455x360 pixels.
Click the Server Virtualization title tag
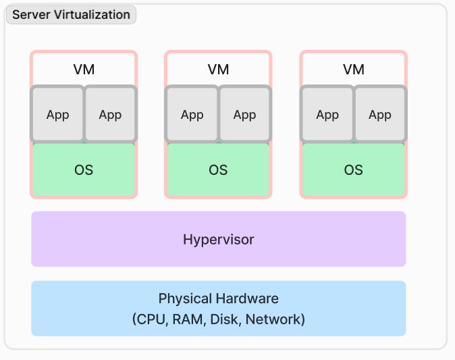click(x=71, y=14)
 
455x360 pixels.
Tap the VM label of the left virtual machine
click(x=84, y=70)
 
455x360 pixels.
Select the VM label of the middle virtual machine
click(x=218, y=70)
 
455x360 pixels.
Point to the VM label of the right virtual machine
click(x=354, y=70)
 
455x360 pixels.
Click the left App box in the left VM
click(x=57, y=114)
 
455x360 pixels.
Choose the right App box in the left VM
click(x=110, y=114)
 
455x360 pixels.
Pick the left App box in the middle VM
click(x=192, y=114)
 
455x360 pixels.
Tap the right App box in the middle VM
click(x=245, y=114)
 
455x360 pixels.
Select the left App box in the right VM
click(x=327, y=114)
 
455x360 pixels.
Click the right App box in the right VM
click(x=380, y=114)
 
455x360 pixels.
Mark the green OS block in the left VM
click(x=84, y=170)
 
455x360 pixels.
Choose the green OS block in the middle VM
click(x=218, y=170)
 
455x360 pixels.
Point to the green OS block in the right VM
click(x=354, y=170)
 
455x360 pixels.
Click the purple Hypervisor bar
click(x=219, y=239)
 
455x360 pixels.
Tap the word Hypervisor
click(x=219, y=240)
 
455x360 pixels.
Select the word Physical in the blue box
click(x=185, y=299)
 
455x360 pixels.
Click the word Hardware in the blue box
click(x=247, y=298)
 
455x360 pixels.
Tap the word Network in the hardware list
click(x=273, y=319)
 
